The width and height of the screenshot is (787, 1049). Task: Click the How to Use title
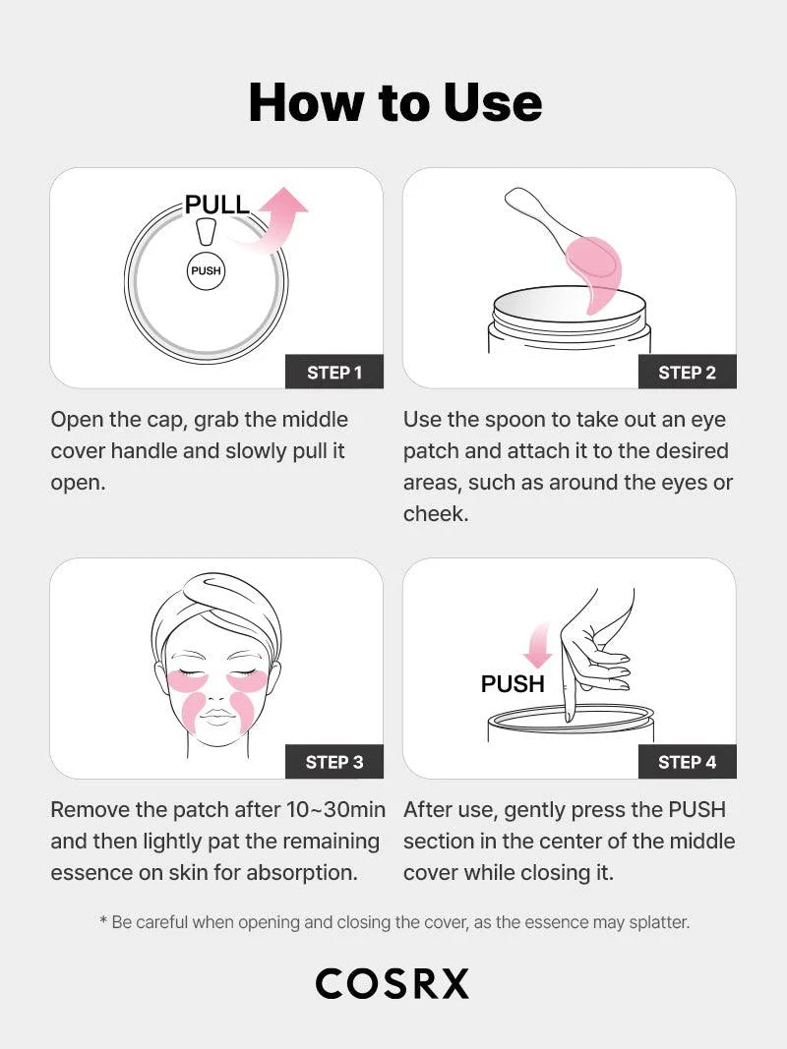(394, 102)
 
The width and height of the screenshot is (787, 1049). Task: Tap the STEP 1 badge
(333, 372)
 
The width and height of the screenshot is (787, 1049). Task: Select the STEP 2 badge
(687, 372)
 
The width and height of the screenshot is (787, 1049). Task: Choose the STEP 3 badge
(333, 762)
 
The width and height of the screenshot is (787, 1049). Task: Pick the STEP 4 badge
(687, 762)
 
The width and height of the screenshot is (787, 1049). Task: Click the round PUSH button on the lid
(206, 270)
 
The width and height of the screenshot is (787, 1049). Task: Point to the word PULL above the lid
(217, 205)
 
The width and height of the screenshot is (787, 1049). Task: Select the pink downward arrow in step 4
(537, 647)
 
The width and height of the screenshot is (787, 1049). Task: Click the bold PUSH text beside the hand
(513, 683)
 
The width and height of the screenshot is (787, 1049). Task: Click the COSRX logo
(393, 983)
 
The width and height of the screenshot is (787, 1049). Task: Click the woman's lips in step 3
(217, 716)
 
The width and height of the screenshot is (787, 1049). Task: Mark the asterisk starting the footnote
(103, 922)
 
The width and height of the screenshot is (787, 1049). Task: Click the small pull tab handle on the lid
(206, 232)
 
